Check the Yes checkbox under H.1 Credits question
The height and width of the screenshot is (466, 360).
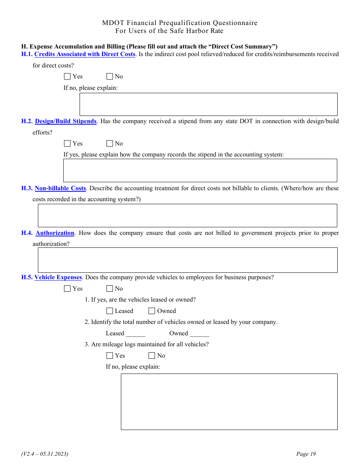[x=67, y=77]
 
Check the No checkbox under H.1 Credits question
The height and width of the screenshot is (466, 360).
[x=110, y=77]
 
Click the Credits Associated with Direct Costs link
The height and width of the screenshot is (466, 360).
[x=85, y=54]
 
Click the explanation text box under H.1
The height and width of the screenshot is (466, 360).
[x=208, y=104]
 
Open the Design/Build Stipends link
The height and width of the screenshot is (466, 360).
[x=66, y=121]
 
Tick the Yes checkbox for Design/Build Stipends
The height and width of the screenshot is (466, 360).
[x=67, y=144]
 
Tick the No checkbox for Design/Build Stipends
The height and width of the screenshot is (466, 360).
[x=110, y=144]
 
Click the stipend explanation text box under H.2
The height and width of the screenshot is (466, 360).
[x=200, y=170]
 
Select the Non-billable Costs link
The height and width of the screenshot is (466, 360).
[x=60, y=188]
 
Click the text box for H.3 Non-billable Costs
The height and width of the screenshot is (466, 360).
[x=187, y=216]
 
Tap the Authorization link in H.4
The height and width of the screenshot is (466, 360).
[x=55, y=233]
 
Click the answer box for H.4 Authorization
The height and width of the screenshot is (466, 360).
[x=187, y=260]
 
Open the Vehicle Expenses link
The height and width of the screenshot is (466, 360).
[x=58, y=277]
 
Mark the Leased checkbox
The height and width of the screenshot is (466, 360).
[x=110, y=311]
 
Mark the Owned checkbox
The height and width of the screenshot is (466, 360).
[x=152, y=311]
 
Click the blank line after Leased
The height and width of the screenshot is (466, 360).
[x=135, y=334]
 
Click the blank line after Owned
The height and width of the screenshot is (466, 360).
[x=199, y=334]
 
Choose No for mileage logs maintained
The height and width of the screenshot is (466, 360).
[x=152, y=356]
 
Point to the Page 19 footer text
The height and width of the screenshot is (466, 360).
[x=306, y=454]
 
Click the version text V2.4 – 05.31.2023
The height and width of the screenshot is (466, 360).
[x=45, y=454]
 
